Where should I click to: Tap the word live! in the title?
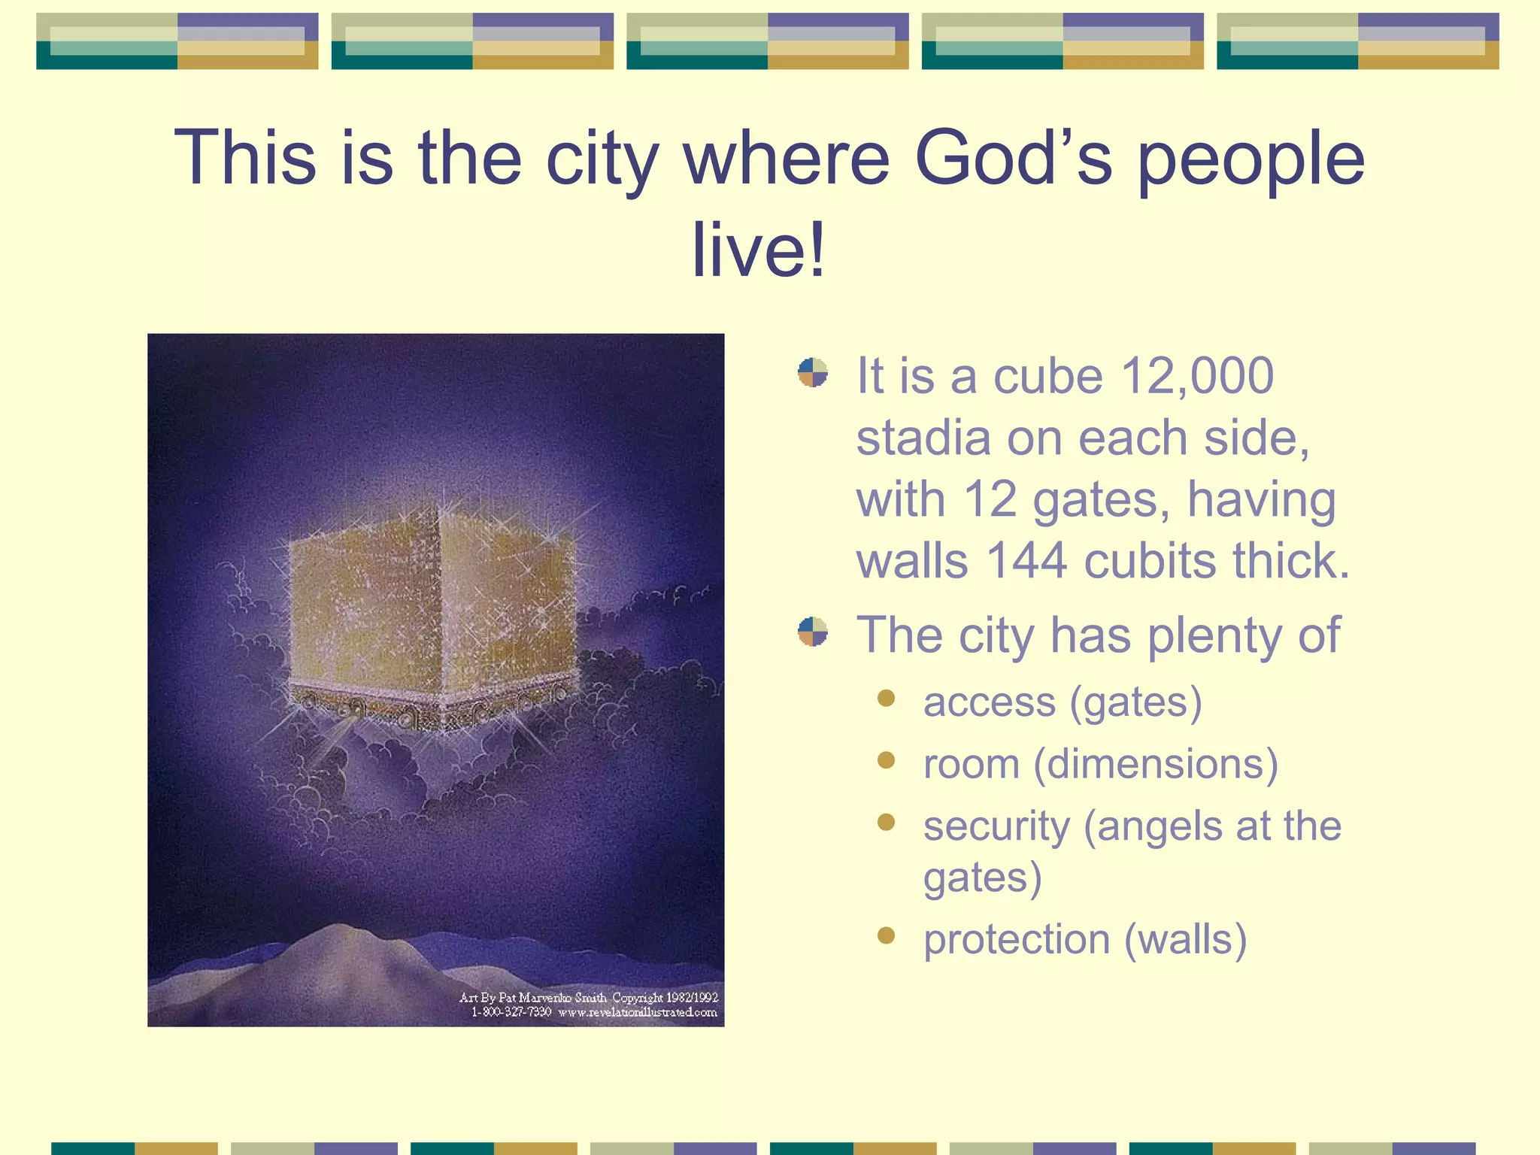pos(758,249)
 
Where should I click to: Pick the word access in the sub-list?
pos(988,702)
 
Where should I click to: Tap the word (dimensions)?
pos(1156,764)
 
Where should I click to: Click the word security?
pos(996,826)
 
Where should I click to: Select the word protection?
pos(1016,940)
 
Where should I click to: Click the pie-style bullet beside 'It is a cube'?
pos(813,373)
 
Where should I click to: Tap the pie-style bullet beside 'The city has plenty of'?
pos(813,632)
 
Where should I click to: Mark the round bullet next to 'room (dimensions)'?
pos(886,760)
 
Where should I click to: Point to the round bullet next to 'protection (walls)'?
pos(886,935)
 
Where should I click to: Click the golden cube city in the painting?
pos(432,609)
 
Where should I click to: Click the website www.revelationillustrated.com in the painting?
pos(637,1012)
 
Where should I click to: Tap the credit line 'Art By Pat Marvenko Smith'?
pos(533,998)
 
